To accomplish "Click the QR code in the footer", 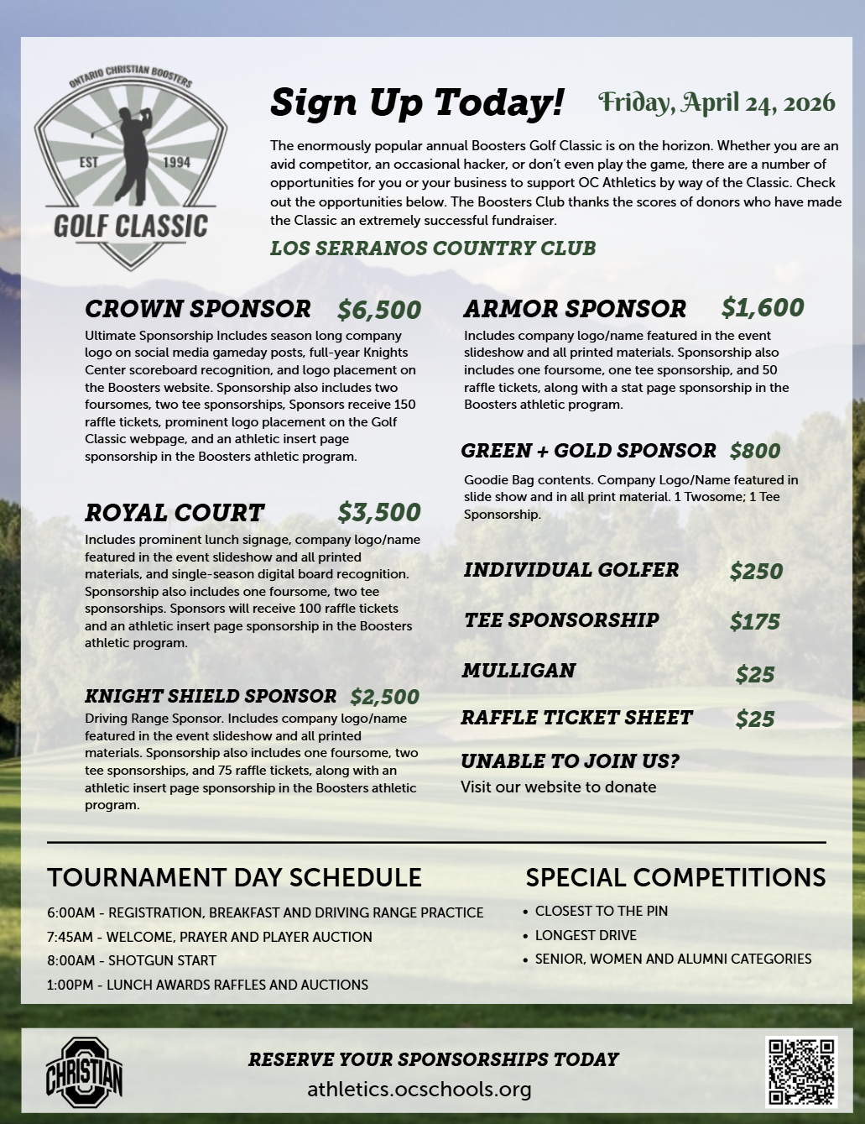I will click(802, 1071).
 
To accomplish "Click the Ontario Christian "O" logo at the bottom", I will click(84, 1071).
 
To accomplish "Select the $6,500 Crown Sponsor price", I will click(379, 310).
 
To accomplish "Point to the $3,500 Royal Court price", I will click(379, 512).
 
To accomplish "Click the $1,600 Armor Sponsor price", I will click(763, 308).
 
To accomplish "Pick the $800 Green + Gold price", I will click(755, 451).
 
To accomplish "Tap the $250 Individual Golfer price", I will click(756, 572).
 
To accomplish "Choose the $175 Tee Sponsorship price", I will click(755, 622).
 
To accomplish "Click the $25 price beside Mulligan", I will click(755, 674).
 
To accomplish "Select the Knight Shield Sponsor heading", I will click(211, 696).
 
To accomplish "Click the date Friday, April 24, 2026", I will click(716, 102).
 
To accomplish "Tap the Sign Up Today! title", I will click(417, 102).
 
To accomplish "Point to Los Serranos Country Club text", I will click(433, 248).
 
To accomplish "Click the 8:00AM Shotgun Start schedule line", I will click(132, 960).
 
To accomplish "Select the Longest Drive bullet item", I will click(586, 935).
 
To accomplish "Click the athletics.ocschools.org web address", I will click(419, 1090).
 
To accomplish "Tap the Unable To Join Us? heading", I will click(570, 761).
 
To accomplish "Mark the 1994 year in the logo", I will click(176, 162).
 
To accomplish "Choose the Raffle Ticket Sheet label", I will click(576, 718).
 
